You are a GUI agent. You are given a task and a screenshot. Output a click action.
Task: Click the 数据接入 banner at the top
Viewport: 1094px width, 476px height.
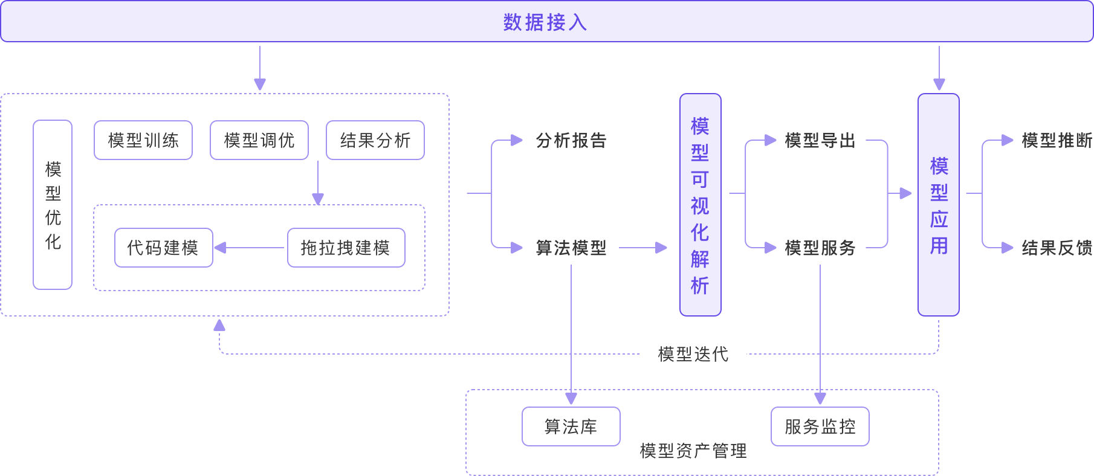pyautogui.click(x=547, y=21)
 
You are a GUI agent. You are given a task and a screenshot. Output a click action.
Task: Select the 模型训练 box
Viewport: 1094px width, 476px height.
pyautogui.click(x=143, y=140)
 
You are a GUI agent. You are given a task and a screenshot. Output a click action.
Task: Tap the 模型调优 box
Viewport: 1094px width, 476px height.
pyautogui.click(x=259, y=140)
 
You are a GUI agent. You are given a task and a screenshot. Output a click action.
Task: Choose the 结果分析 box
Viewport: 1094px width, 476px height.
pyautogui.click(x=375, y=140)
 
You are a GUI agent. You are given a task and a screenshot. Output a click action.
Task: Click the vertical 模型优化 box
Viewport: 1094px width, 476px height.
pyautogui.click(x=53, y=205)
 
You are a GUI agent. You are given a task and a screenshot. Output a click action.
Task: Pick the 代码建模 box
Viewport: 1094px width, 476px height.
pyautogui.click(x=164, y=248)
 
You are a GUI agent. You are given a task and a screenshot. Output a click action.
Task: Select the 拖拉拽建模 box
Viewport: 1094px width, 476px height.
pyautogui.click(x=346, y=248)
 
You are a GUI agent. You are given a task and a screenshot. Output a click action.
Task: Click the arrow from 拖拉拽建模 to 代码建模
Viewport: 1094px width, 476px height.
pyautogui.click(x=250, y=248)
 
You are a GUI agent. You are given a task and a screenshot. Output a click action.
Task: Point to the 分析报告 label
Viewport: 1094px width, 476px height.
pyautogui.click(x=571, y=141)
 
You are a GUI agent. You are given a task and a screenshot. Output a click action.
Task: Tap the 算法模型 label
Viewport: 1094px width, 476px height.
pyautogui.click(x=571, y=248)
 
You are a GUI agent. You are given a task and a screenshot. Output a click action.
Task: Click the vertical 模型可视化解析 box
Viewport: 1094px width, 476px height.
pyautogui.click(x=701, y=205)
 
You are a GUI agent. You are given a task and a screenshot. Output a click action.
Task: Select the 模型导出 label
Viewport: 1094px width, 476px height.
pyautogui.click(x=820, y=141)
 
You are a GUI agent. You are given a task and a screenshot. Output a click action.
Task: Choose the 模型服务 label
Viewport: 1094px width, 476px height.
pyautogui.click(x=820, y=248)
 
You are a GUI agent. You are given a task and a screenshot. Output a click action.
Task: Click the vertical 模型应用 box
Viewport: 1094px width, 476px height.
pyautogui.click(x=939, y=205)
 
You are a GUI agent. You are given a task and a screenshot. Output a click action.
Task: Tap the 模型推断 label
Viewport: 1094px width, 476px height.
pyautogui.click(x=1057, y=141)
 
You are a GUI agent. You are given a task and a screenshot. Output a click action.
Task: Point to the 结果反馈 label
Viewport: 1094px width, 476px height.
pyautogui.click(x=1057, y=248)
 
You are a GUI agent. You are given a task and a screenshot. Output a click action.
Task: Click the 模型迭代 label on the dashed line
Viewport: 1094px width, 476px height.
pyautogui.click(x=693, y=354)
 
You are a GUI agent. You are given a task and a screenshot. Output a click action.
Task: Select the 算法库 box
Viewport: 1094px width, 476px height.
pyautogui.click(x=571, y=426)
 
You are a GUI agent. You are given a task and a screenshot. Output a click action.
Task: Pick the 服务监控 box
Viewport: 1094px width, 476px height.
pyautogui.click(x=820, y=426)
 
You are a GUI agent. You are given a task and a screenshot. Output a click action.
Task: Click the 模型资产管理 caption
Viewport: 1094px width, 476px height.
pyautogui.click(x=693, y=451)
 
